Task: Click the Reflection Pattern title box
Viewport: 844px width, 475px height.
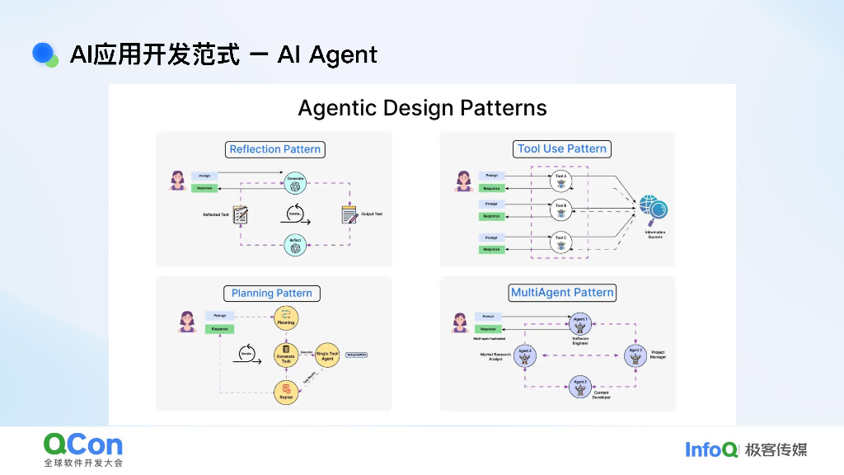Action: [x=275, y=149]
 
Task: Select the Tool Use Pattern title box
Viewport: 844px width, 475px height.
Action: [x=562, y=149]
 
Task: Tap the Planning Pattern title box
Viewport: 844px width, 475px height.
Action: [x=271, y=293]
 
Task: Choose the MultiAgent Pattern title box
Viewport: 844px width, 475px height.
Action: [x=562, y=293]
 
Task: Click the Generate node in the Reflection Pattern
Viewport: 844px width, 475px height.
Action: [x=294, y=182]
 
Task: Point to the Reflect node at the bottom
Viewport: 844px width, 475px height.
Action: [x=294, y=244]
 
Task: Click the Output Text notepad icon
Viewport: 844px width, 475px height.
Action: [x=349, y=214]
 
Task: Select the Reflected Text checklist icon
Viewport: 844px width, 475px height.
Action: [x=241, y=214]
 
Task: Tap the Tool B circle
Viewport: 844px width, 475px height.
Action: [x=561, y=209]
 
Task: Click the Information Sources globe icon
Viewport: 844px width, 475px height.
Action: [x=654, y=209]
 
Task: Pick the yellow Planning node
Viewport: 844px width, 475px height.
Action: [x=286, y=318]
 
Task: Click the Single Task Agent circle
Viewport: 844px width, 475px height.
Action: [x=327, y=355]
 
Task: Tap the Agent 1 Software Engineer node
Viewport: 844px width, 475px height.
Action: [x=580, y=323]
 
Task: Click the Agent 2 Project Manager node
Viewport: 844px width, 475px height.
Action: [x=635, y=355]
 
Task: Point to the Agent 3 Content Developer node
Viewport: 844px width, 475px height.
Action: [x=580, y=386]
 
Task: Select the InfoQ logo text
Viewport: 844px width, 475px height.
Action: [x=711, y=449]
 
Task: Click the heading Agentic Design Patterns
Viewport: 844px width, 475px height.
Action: [x=422, y=108]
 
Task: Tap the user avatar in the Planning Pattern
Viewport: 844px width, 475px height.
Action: [x=187, y=322]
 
